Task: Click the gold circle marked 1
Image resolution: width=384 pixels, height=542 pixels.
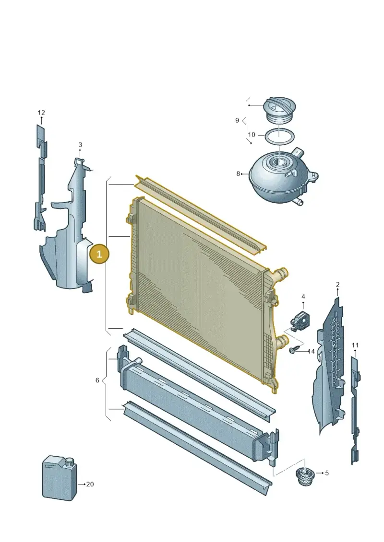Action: coord(99,254)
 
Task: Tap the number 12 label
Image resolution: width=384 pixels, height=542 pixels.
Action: coord(41,113)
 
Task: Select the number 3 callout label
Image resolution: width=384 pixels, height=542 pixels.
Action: coord(80,145)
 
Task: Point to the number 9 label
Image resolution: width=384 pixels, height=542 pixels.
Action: coord(237,120)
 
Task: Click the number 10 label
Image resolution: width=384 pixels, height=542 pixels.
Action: coord(252,135)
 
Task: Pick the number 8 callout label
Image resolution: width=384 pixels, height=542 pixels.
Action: coord(238,173)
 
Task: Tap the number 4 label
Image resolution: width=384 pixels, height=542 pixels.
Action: coord(303,297)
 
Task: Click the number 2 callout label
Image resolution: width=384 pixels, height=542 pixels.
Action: coord(337,285)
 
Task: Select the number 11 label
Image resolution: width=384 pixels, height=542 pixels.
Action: coord(355,345)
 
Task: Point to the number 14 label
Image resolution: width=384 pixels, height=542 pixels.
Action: coord(311,352)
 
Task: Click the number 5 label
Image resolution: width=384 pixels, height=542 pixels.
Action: coord(327,473)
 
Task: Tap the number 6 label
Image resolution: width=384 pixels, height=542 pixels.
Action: coord(97,380)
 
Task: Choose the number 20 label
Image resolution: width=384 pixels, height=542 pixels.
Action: coord(90,484)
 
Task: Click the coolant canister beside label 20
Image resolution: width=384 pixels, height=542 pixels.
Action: coord(60,477)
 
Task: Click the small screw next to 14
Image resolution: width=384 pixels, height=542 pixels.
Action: coord(293,350)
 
